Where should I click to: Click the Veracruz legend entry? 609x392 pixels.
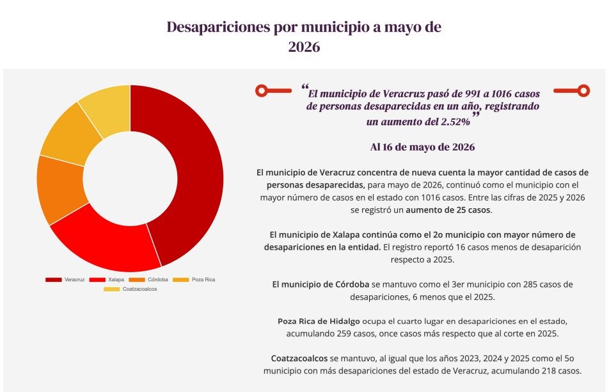point(65,280)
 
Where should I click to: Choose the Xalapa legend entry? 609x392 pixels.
point(107,280)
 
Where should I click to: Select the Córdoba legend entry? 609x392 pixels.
point(148,280)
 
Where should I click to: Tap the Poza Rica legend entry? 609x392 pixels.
point(194,280)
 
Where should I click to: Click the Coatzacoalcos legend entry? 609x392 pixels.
point(130,289)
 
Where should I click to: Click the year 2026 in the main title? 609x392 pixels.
point(304,47)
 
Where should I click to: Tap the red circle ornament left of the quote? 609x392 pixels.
point(262,90)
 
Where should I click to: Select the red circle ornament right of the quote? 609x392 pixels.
point(583,90)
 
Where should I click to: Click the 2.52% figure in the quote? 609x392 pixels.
point(455,122)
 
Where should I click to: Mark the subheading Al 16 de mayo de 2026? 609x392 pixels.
point(423,147)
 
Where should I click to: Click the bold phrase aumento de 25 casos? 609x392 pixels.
point(448,210)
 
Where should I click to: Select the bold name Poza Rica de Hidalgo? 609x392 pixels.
point(319,322)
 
